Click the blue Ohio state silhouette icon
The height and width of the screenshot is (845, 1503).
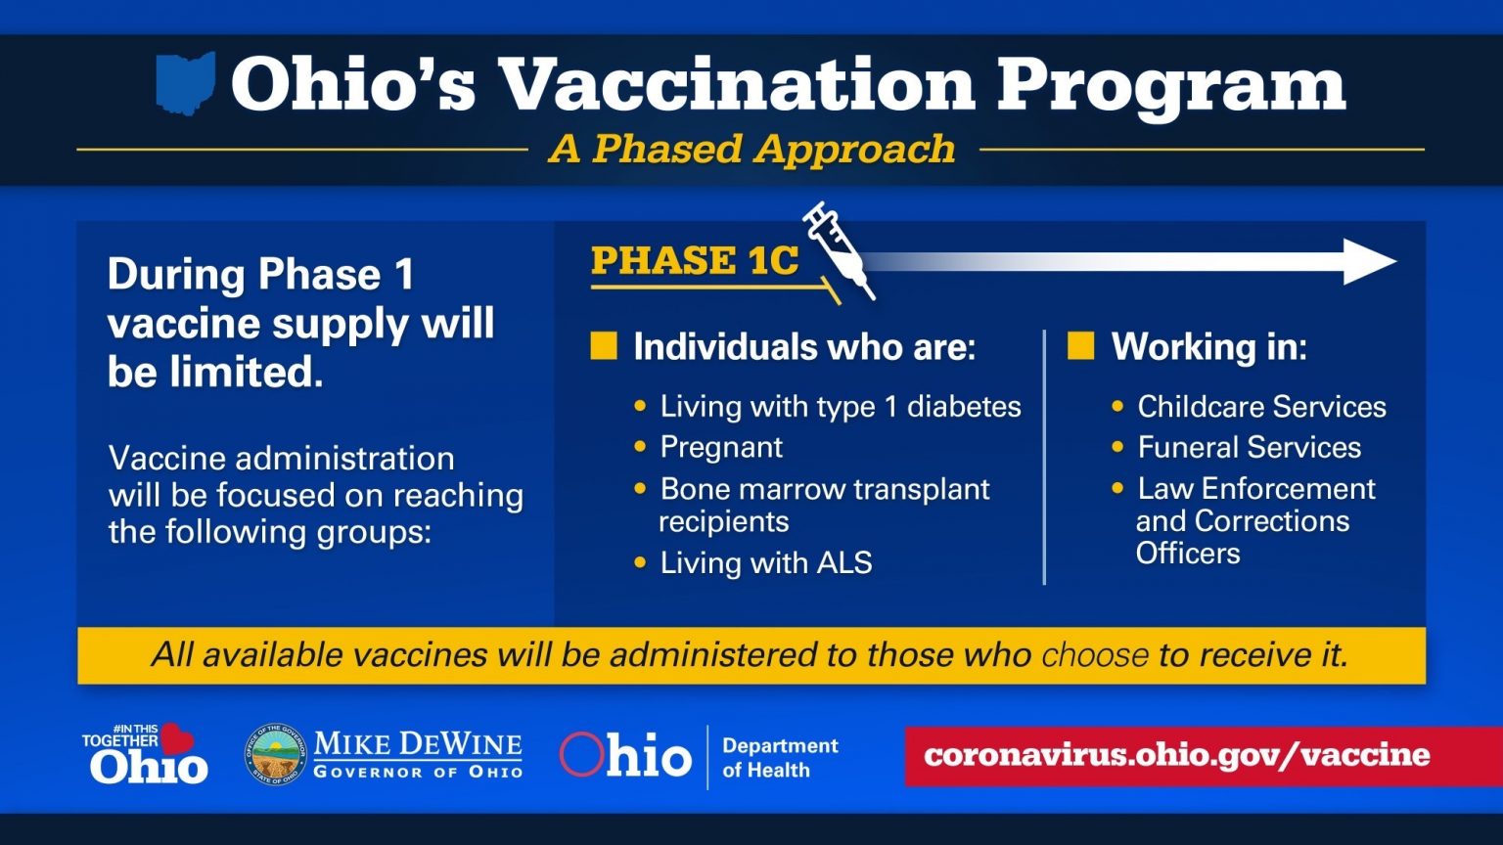pyautogui.click(x=185, y=82)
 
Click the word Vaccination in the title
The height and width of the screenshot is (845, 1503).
pyautogui.click(x=736, y=83)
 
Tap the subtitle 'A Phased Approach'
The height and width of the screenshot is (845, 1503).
pyautogui.click(x=752, y=149)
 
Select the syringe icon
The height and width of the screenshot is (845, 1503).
pyautogui.click(x=839, y=250)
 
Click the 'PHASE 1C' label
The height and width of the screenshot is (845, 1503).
pyautogui.click(x=695, y=260)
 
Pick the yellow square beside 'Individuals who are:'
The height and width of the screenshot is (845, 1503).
pyautogui.click(x=603, y=346)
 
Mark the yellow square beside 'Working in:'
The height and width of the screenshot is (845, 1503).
pyautogui.click(x=1080, y=346)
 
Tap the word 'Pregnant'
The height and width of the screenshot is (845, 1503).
pyautogui.click(x=721, y=447)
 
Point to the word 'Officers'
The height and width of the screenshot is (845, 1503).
pyautogui.click(x=1188, y=554)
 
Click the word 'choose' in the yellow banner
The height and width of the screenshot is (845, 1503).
pyautogui.click(x=1094, y=655)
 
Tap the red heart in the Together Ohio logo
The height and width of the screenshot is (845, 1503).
pyautogui.click(x=176, y=738)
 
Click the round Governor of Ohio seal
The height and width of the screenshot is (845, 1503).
pyautogui.click(x=276, y=754)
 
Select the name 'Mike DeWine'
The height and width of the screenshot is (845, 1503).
pyautogui.click(x=418, y=743)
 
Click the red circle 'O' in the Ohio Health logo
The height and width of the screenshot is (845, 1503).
pyautogui.click(x=581, y=754)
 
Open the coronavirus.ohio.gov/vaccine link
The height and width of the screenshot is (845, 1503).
pyautogui.click(x=1176, y=755)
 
